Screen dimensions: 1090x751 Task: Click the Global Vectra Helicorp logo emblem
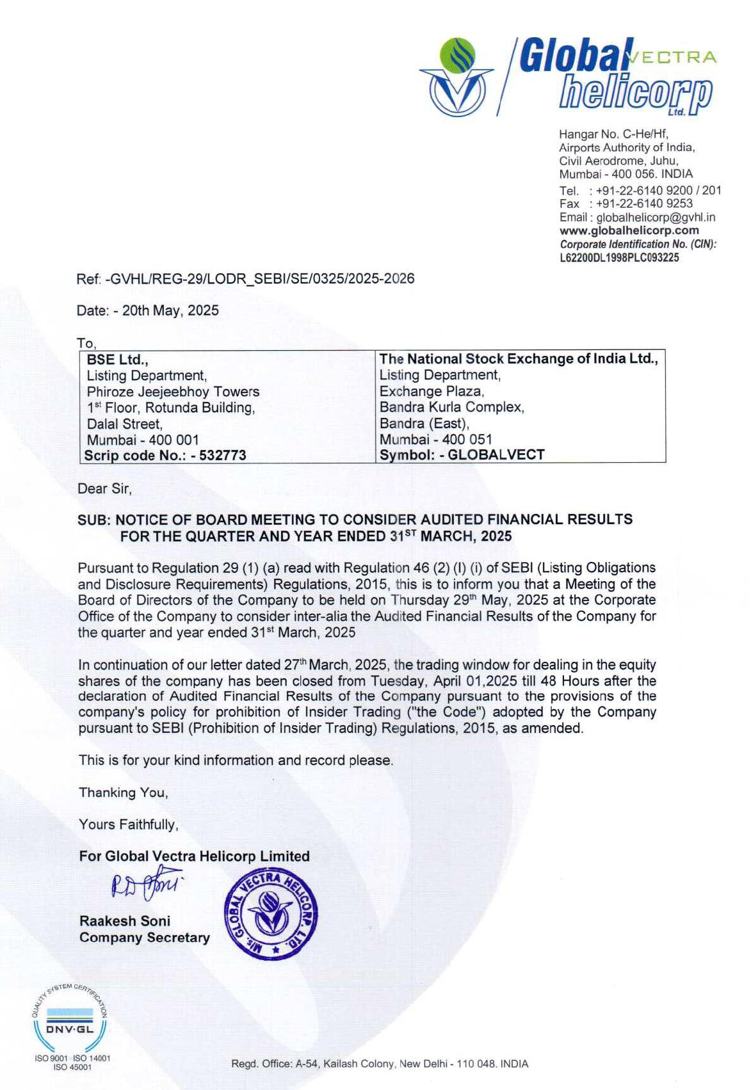(456, 77)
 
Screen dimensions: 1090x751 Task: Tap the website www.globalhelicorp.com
(629, 230)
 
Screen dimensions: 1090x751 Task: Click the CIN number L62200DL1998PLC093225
(619, 258)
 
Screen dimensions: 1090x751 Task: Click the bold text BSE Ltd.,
(118, 360)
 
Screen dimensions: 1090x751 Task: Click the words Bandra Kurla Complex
(451, 407)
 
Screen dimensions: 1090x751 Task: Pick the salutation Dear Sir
(104, 489)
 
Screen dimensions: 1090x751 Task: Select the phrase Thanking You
(124, 792)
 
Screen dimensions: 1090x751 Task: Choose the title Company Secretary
(145, 938)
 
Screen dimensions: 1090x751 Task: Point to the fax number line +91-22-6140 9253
(643, 204)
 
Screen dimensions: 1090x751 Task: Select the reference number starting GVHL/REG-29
(260, 278)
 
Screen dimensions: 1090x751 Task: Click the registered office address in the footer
(380, 1064)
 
